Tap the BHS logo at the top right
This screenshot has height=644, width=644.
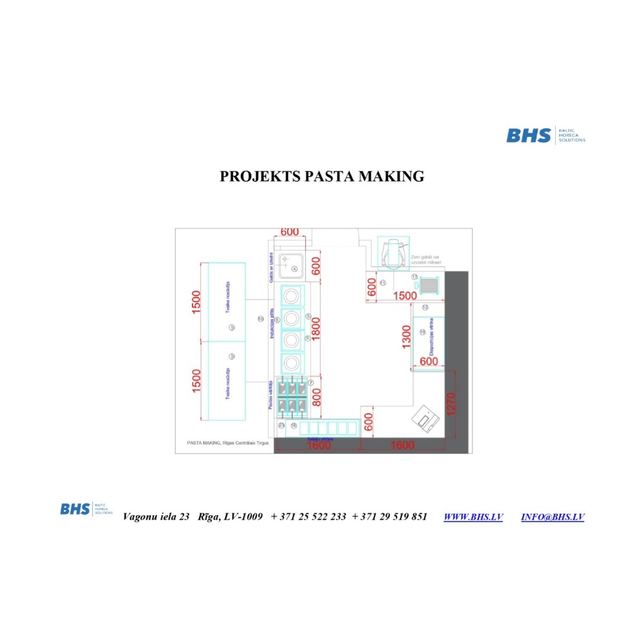click(x=545, y=135)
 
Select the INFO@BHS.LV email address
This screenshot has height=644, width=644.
click(x=553, y=517)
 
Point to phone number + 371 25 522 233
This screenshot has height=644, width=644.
click(x=308, y=517)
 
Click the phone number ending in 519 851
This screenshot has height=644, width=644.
click(x=390, y=517)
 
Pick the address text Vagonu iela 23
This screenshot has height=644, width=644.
click(x=156, y=517)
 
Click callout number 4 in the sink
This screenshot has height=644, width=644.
click(x=294, y=269)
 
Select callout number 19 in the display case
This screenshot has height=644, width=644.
click(x=422, y=332)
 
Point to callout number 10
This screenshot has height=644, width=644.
click(x=260, y=318)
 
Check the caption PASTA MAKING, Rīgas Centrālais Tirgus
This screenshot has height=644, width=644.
click(x=227, y=444)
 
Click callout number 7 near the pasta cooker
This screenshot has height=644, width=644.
click(x=310, y=383)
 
